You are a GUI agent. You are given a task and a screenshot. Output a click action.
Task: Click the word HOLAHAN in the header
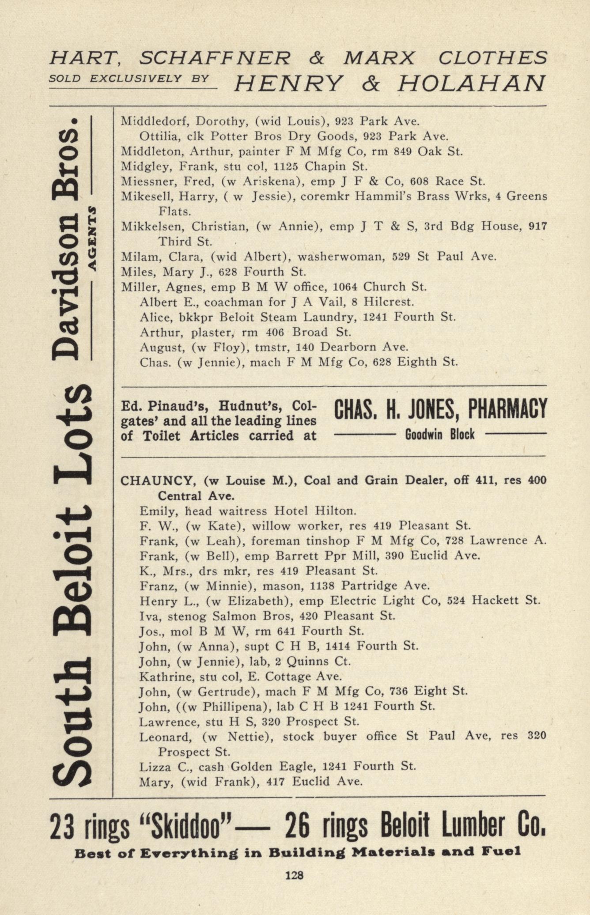[x=472, y=83]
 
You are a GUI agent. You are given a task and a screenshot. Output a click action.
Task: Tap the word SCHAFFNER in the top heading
[x=215, y=58]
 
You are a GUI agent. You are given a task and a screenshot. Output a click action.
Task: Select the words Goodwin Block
[x=440, y=435]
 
